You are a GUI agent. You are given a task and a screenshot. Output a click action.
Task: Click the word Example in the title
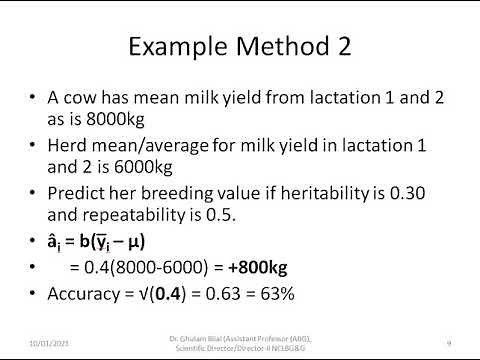(173, 49)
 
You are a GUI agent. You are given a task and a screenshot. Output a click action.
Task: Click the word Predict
(81, 193)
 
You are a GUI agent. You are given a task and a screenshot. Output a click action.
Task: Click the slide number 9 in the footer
(449, 342)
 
